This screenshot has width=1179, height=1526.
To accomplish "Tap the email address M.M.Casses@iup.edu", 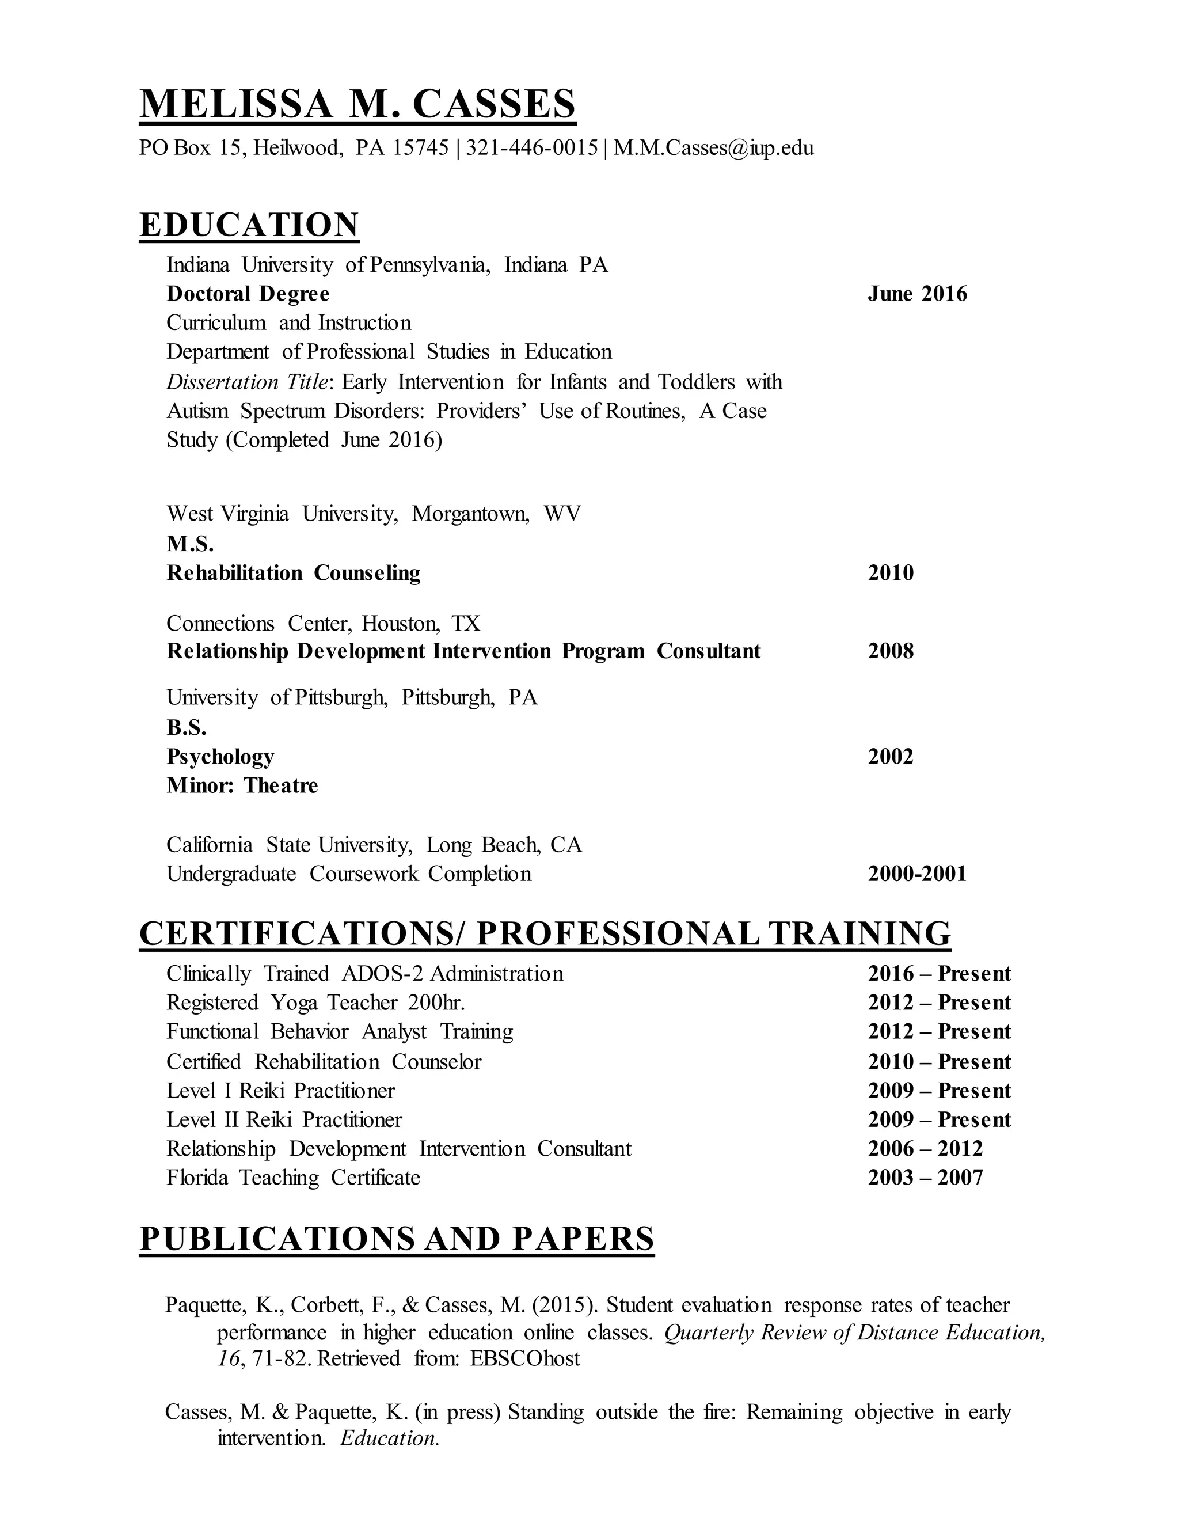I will click(713, 148).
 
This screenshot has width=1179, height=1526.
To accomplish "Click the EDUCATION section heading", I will click(249, 225).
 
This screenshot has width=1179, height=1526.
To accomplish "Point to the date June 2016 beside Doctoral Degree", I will click(917, 294).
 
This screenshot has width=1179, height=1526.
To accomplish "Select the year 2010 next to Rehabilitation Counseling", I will click(891, 573).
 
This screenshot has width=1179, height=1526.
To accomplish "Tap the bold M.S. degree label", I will click(190, 544).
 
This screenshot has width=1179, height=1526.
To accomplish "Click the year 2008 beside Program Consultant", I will click(891, 651).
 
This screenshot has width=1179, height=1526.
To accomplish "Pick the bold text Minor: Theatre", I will click(242, 785).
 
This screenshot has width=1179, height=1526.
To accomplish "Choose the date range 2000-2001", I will click(917, 874).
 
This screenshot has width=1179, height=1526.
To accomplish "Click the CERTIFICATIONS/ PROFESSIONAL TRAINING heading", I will click(545, 933).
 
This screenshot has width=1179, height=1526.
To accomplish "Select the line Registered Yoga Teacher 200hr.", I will click(315, 1003).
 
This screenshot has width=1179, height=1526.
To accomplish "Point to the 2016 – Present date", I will click(940, 973).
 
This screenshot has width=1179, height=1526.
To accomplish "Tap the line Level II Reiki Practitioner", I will click(284, 1119).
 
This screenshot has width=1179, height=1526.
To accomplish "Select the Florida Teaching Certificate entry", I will click(294, 1178).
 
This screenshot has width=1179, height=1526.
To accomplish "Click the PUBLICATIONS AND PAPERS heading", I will click(397, 1239).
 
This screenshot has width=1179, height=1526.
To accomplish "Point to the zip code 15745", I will click(420, 148).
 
